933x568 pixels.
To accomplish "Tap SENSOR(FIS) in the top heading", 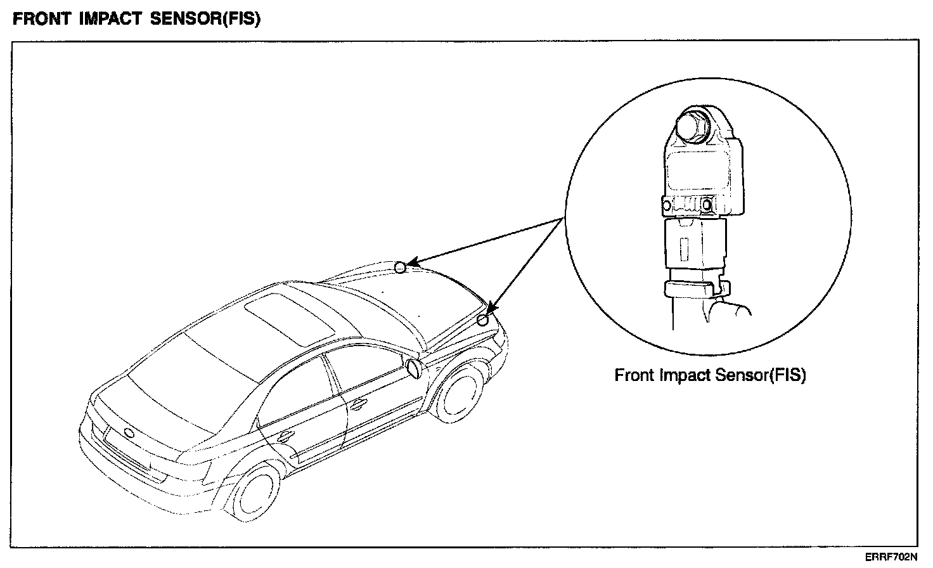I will click(207, 19).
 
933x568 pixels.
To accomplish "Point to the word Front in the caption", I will click(635, 375).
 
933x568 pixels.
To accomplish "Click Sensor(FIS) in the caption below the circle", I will click(760, 375).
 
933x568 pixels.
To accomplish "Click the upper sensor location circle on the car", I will click(400, 268).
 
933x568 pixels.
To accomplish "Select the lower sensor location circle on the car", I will click(482, 319).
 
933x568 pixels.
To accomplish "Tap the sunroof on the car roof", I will click(290, 315).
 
